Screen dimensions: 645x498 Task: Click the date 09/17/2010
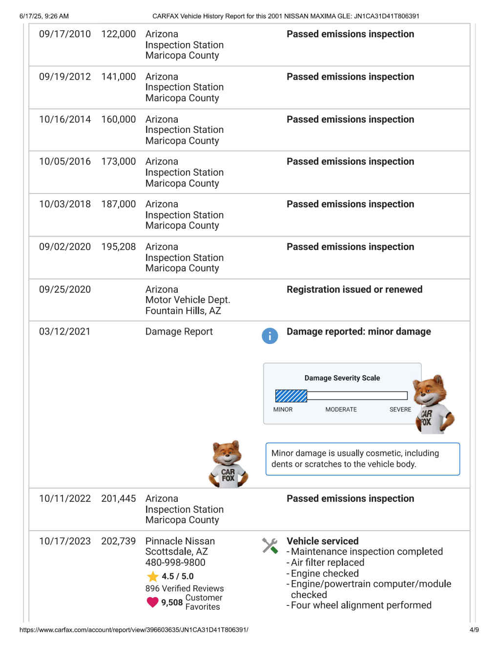click(x=65, y=34)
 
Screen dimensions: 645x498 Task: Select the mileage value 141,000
click(x=118, y=77)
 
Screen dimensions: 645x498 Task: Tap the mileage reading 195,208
click(x=118, y=247)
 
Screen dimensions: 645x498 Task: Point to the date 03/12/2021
click(x=65, y=332)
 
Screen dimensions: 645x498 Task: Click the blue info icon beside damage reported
click(x=270, y=336)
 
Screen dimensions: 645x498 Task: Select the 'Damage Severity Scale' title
click(x=342, y=378)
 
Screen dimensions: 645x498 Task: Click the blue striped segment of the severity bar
click(x=291, y=396)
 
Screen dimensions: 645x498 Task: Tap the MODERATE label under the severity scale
click(x=341, y=409)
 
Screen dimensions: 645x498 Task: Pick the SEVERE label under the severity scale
click(x=400, y=409)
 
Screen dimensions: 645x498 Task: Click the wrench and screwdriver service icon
click(x=270, y=545)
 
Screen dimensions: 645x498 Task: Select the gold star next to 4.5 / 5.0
click(x=153, y=577)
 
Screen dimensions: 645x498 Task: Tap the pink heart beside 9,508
click(x=153, y=602)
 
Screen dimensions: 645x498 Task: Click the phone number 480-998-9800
click(x=175, y=562)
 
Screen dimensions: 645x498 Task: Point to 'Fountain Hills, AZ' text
click(x=183, y=311)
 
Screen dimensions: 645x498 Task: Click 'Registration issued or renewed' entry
click(x=354, y=289)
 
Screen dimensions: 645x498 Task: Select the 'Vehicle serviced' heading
click(x=322, y=541)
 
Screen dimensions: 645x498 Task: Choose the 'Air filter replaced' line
click(x=327, y=562)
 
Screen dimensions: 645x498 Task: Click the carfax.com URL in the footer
click(x=134, y=630)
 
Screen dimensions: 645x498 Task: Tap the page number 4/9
click(x=474, y=630)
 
